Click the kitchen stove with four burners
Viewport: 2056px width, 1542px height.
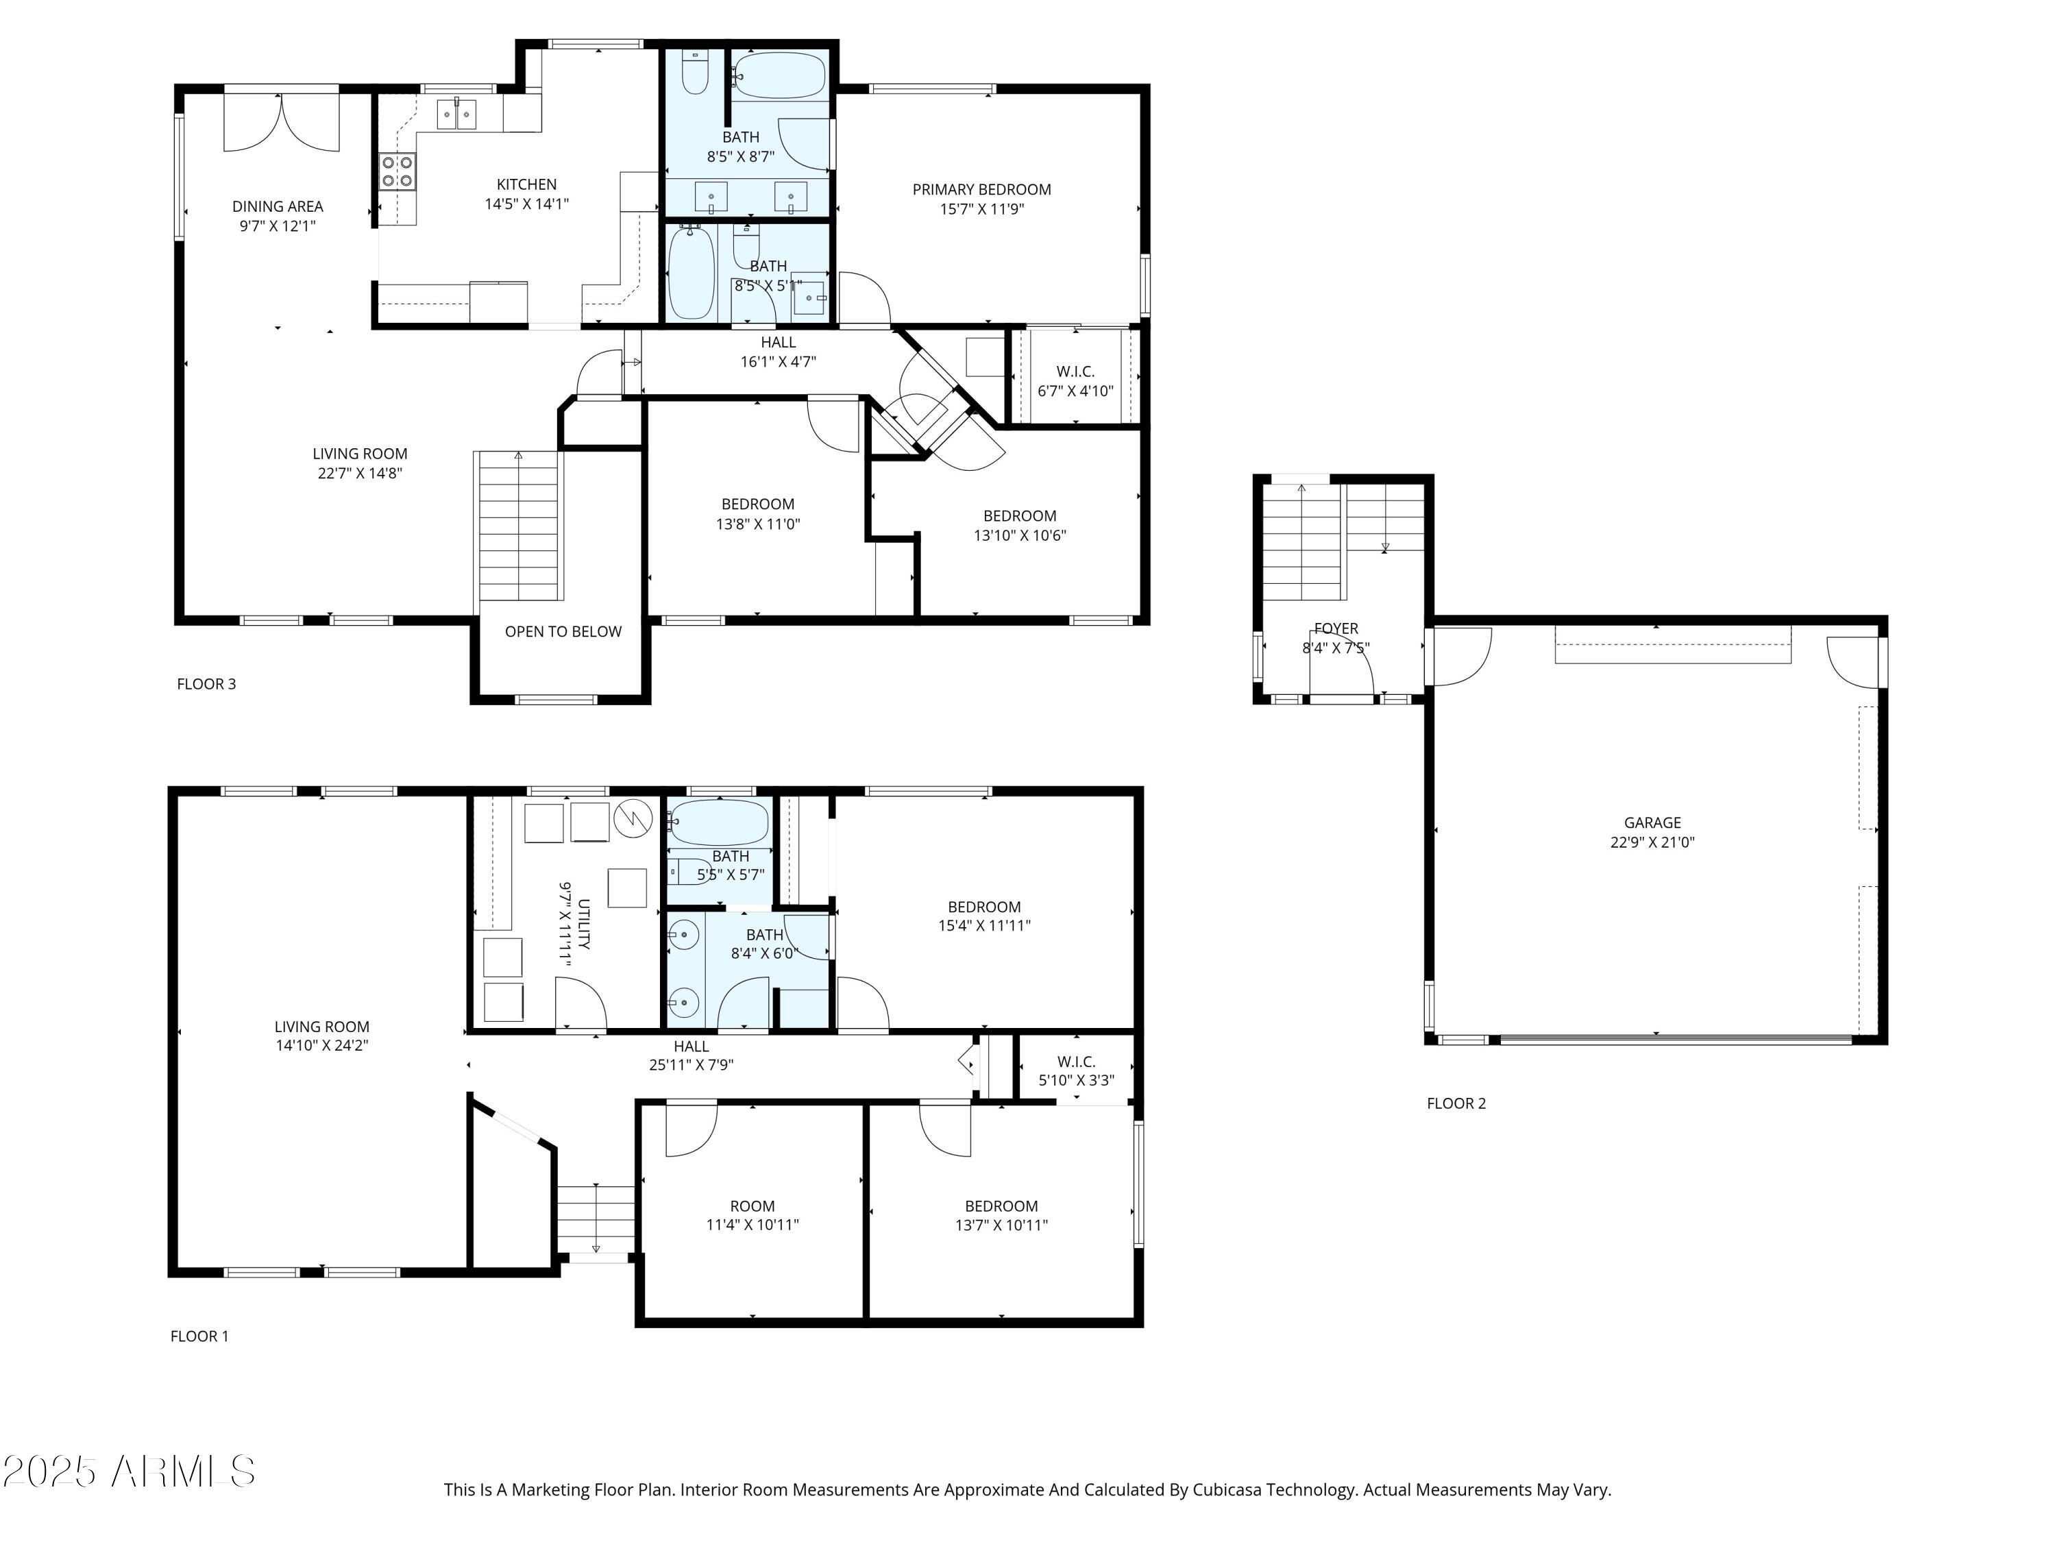397,171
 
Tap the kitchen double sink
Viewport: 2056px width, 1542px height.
457,115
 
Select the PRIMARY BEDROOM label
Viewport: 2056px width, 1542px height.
981,190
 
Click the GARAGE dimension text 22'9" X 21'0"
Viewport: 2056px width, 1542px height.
1652,842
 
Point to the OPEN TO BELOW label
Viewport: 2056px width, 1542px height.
563,632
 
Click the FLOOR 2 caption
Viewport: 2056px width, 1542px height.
1456,1103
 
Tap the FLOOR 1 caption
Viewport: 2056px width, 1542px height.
199,1336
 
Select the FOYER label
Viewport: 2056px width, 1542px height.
1336,629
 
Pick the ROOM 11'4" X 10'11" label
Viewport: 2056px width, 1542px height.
752,1206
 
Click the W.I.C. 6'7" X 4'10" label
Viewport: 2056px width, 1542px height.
1075,371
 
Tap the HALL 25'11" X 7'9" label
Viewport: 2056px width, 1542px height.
691,1047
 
